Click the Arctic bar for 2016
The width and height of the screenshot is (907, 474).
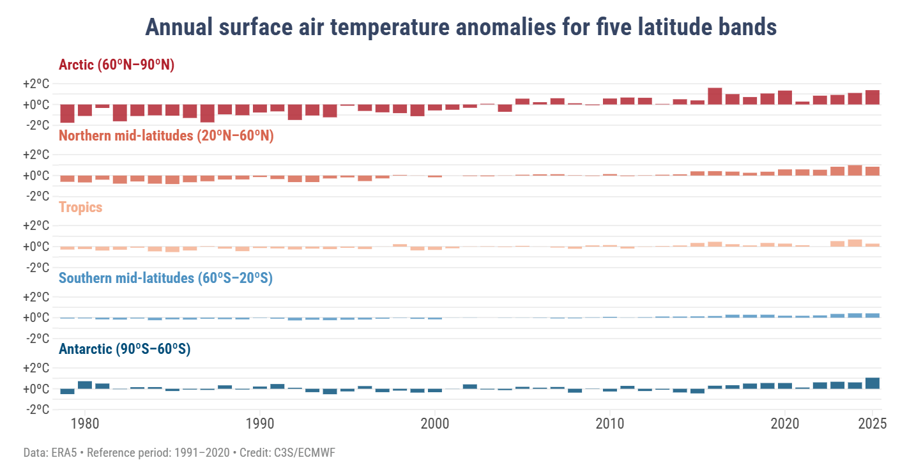(715, 96)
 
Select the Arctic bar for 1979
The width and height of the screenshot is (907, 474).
(67, 113)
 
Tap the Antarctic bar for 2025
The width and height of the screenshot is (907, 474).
(873, 383)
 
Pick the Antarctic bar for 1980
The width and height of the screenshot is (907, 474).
(85, 385)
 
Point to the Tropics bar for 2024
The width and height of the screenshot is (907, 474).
(855, 243)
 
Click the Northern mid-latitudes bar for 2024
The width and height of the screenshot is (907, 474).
(855, 171)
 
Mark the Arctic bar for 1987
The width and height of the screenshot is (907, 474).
(207, 113)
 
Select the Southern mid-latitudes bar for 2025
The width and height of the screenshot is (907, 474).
(873, 316)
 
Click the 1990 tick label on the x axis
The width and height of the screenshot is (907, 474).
(259, 424)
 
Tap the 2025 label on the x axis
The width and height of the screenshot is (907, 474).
(873, 424)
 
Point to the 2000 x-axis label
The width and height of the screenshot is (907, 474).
(434, 424)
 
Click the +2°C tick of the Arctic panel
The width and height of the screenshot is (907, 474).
(36, 84)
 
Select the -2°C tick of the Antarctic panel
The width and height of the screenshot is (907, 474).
(37, 409)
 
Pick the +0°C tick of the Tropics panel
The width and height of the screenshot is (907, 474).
(36, 247)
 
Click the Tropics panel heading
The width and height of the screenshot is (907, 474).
(80, 207)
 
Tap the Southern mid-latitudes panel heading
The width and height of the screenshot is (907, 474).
(165, 279)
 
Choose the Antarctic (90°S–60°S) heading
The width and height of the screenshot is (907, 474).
(125, 349)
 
